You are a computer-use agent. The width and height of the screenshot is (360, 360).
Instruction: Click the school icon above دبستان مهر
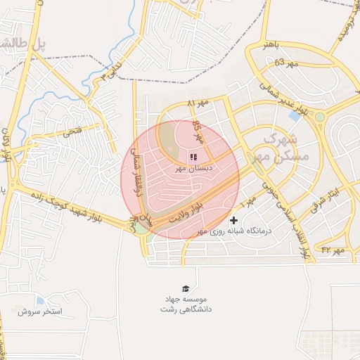[193, 156]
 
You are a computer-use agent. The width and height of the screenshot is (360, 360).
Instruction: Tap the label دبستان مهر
[189, 169]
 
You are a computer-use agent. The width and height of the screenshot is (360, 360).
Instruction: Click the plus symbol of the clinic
[233, 221]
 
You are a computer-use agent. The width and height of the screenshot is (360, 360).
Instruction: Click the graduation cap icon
[186, 288]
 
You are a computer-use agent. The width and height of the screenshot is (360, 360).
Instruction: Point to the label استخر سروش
[40, 311]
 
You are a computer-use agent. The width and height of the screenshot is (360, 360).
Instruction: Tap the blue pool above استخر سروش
[39, 300]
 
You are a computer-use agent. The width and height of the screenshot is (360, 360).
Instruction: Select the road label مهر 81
[199, 103]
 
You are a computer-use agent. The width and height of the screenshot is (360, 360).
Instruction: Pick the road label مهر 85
[195, 129]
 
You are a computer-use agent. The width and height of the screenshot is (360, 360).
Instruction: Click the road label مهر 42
[333, 250]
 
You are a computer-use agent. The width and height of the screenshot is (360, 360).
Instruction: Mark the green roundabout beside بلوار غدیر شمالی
[320, 116]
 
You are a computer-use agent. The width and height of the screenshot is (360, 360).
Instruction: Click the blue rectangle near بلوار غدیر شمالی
[292, 114]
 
